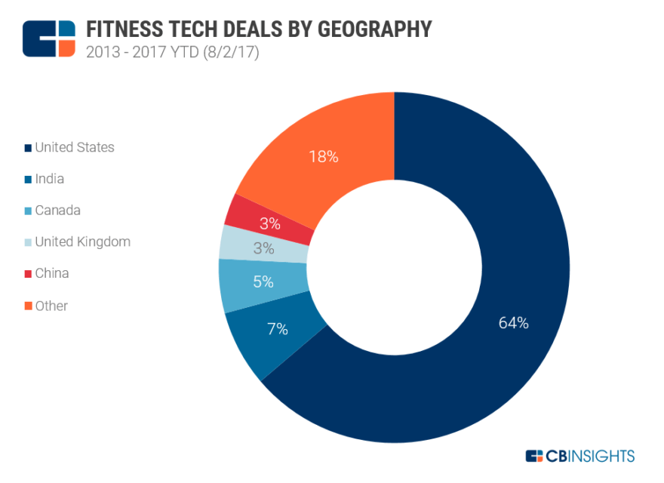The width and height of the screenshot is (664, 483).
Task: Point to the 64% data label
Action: pos(513,323)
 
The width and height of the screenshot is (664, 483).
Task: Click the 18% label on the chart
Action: pos(323,157)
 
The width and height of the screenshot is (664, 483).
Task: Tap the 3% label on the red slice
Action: pos(270,223)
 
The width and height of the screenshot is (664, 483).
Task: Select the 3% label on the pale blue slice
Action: pos(263,248)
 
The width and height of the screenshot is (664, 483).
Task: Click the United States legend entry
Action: pos(74,147)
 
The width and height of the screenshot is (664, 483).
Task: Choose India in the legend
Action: pos(49,179)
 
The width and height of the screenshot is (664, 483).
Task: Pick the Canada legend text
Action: pos(57,211)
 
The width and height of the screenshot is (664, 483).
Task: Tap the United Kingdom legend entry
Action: pos(82,242)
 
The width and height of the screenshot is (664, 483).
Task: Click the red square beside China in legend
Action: pos(28,274)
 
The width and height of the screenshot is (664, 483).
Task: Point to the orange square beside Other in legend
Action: pos(28,306)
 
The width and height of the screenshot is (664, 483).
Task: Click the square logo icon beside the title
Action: pos(49,38)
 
